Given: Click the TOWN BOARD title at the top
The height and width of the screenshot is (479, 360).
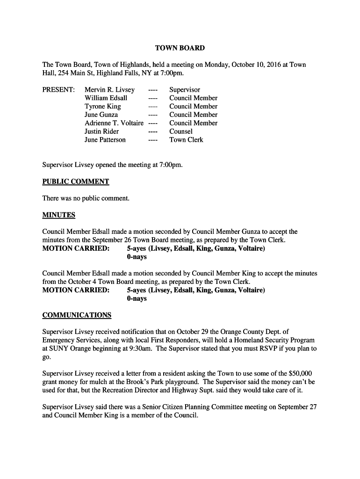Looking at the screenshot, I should (180, 48).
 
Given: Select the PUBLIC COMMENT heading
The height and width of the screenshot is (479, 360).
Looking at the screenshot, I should (76, 181).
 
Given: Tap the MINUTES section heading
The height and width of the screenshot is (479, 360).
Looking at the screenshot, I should (59, 215).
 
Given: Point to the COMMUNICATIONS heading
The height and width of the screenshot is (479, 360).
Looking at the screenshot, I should (77, 315).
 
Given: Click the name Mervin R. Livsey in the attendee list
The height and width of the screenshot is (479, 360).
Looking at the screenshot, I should (109, 90).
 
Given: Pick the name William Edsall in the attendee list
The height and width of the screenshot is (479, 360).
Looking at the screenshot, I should (106, 98).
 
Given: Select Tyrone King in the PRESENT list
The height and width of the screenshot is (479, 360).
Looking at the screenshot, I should (102, 107).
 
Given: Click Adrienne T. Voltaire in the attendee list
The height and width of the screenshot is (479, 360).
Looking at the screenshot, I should (114, 123).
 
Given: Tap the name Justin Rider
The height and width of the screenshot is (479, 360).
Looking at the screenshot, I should (101, 131).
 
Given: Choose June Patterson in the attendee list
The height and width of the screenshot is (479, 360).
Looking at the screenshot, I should (105, 140).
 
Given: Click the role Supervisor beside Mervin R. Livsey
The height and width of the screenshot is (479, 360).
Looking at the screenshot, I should (185, 90).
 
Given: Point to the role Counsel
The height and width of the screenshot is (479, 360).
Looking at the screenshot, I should (181, 131).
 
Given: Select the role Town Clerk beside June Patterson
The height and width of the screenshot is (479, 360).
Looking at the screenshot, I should (186, 140).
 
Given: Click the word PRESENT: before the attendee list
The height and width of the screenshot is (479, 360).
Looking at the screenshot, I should (58, 90).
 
